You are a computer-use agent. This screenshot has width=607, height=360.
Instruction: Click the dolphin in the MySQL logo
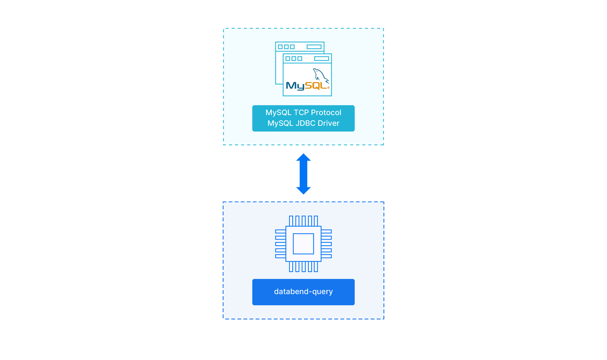click(x=320, y=76)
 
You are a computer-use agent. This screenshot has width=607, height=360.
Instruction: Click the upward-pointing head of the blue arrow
click(x=303, y=158)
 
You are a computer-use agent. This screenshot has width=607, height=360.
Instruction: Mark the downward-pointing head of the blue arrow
click(x=303, y=190)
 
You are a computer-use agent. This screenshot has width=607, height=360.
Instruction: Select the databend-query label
click(x=303, y=292)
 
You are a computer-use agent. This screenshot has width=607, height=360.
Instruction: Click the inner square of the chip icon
click(x=303, y=244)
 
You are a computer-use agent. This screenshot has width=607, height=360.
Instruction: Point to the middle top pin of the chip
click(x=303, y=221)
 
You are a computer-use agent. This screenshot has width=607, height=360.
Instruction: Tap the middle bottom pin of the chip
click(x=303, y=267)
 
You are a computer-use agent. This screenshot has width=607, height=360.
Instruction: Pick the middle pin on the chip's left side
click(x=280, y=244)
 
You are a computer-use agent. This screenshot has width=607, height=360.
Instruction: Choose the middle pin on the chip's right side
click(x=326, y=244)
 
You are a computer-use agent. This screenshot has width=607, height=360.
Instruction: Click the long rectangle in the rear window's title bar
click(x=314, y=47)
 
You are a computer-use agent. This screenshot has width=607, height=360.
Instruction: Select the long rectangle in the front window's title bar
click(x=322, y=59)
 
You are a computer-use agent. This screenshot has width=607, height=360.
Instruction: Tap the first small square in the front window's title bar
click(x=287, y=59)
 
